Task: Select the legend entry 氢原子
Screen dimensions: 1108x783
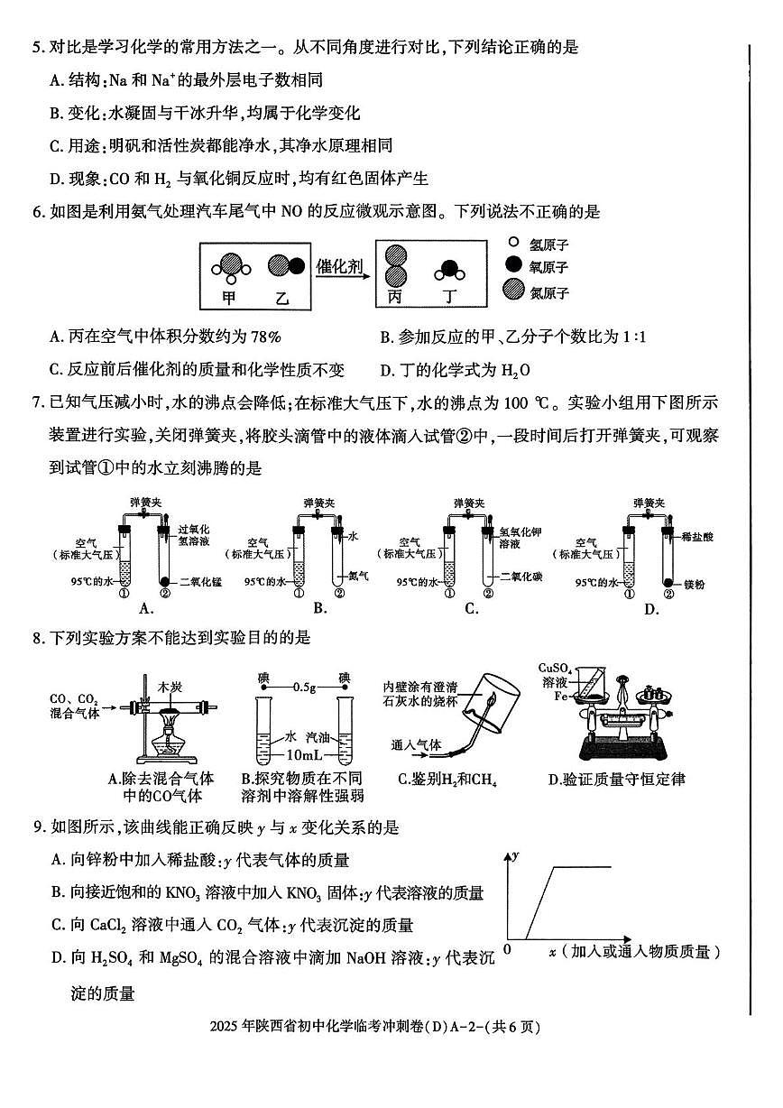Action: (x=548, y=245)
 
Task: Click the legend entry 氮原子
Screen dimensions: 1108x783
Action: (x=548, y=292)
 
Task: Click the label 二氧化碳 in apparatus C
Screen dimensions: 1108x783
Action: (x=514, y=575)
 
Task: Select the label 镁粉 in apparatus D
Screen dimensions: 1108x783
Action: (x=695, y=585)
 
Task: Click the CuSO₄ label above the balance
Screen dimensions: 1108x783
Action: (x=552, y=668)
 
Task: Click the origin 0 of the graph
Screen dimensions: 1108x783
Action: (x=507, y=949)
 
